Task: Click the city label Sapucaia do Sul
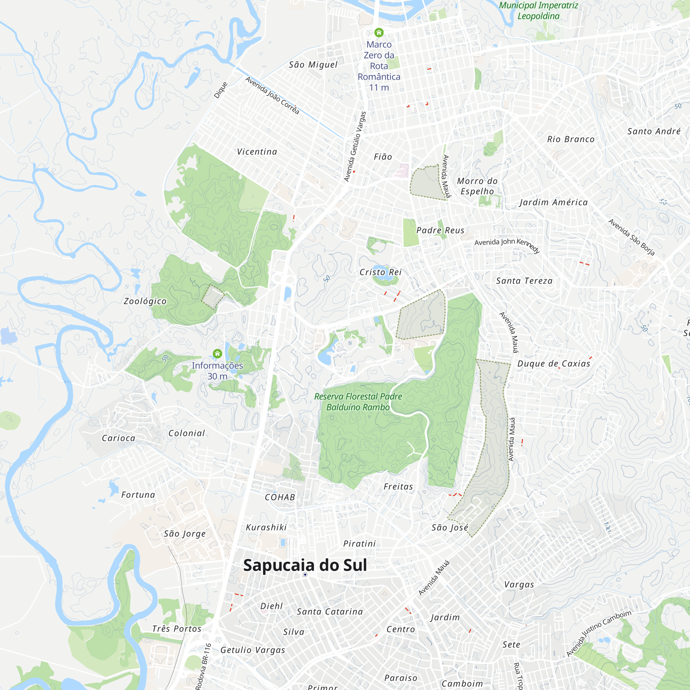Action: [x=305, y=565]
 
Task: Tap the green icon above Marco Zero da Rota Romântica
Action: [x=379, y=32]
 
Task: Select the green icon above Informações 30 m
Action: [x=217, y=354]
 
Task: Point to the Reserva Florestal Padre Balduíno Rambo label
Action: [x=358, y=402]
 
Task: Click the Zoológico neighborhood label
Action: [x=145, y=301]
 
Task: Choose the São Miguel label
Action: [x=313, y=65]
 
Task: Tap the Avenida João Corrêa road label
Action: [x=272, y=95]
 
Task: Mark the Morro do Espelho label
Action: [x=477, y=186]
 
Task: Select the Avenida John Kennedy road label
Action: [x=507, y=244]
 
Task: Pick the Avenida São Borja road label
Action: [x=631, y=237]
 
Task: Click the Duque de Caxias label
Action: [x=554, y=364]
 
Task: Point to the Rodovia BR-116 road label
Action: [x=204, y=666]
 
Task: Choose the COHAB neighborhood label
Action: [x=280, y=497]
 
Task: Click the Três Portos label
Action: [x=177, y=629]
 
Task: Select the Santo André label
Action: [x=654, y=131]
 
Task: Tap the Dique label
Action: [x=221, y=90]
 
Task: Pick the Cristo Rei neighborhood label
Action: [x=380, y=272]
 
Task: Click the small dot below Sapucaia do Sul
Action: [x=305, y=575]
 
